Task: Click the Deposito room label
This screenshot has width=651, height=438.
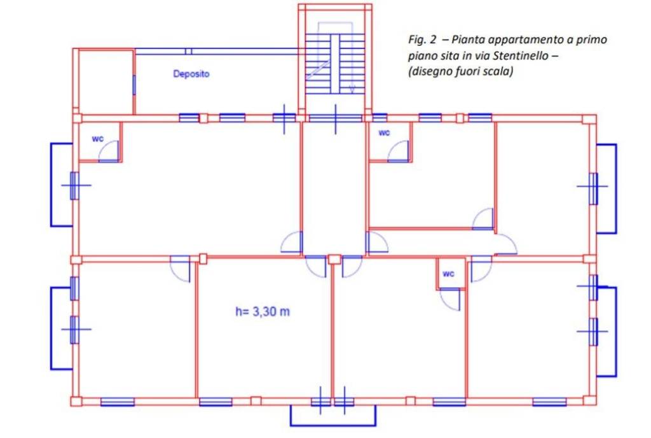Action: click(x=191, y=74)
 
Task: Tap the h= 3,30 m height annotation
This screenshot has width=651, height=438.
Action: click(x=263, y=311)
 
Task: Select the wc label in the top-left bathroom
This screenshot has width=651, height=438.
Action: click(x=97, y=139)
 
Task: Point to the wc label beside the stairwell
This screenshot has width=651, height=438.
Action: click(x=384, y=133)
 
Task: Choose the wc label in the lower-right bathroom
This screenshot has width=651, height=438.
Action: click(x=448, y=274)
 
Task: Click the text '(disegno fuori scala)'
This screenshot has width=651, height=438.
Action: click(x=460, y=71)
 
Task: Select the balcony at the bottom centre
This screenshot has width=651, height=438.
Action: click(x=333, y=425)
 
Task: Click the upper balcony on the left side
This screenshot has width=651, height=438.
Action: click(x=51, y=185)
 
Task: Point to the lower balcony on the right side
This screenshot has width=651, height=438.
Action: click(x=615, y=332)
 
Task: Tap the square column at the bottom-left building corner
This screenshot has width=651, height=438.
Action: click(x=76, y=402)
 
